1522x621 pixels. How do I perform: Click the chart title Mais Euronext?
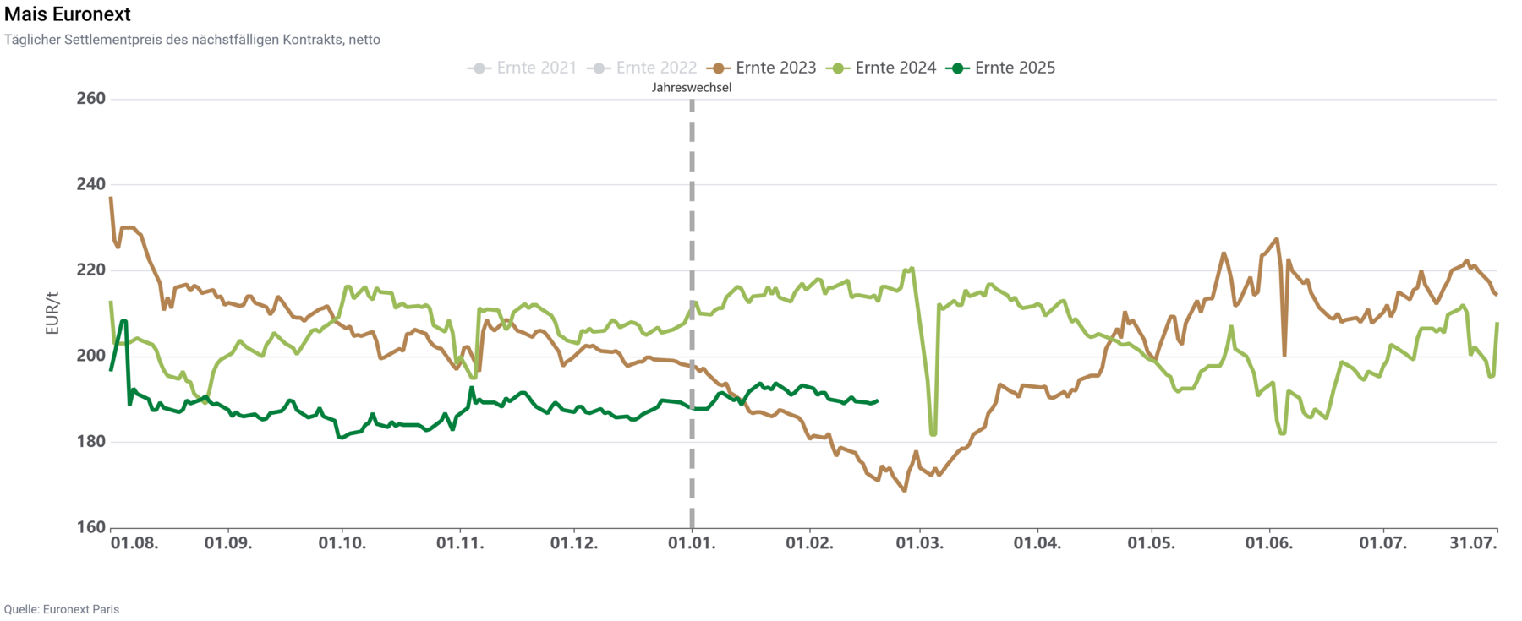tap(68, 14)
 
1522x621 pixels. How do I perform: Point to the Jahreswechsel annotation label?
tap(692, 87)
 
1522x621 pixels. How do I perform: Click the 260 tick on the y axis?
tap(90, 98)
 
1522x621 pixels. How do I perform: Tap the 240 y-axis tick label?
tap(90, 184)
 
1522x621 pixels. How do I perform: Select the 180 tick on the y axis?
tap(90, 441)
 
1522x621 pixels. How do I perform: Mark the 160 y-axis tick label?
tap(90, 527)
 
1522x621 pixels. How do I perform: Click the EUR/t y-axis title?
tap(52, 313)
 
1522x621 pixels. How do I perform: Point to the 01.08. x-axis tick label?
tap(134, 543)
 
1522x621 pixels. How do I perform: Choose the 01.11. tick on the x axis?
tap(460, 543)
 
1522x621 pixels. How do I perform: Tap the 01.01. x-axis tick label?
tap(692, 543)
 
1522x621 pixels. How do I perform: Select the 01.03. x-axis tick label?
tap(920, 543)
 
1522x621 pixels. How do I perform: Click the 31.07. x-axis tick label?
tap(1473, 543)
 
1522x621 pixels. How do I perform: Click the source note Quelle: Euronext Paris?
tap(62, 609)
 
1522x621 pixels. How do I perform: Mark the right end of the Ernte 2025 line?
tap(877, 401)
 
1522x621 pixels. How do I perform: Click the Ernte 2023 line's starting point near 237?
tap(111, 198)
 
